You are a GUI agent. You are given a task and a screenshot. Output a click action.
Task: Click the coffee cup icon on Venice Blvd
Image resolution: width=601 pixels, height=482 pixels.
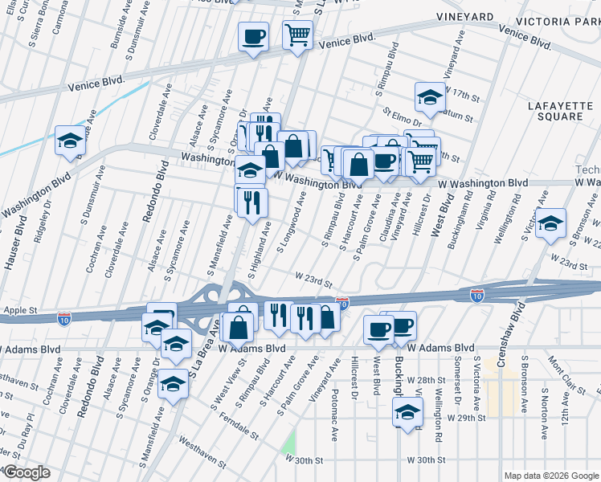pyautogui.click(x=254, y=36)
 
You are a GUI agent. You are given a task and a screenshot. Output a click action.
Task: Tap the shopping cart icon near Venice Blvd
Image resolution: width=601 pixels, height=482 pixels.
pyautogui.click(x=297, y=35)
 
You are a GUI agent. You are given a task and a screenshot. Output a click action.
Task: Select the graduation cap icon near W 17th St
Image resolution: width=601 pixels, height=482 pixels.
pyautogui.click(x=430, y=97)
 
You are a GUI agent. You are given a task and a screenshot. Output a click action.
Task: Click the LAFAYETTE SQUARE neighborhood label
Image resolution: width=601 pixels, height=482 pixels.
pyautogui.click(x=555, y=111)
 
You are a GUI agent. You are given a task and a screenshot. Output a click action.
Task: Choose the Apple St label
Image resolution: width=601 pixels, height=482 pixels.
pyautogui.click(x=21, y=308)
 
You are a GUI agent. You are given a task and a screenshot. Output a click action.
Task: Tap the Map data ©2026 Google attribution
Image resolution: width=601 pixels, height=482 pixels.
pyautogui.click(x=551, y=476)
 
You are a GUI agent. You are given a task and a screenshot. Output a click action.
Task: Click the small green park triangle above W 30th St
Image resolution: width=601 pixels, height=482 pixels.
pyautogui.click(x=288, y=441)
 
